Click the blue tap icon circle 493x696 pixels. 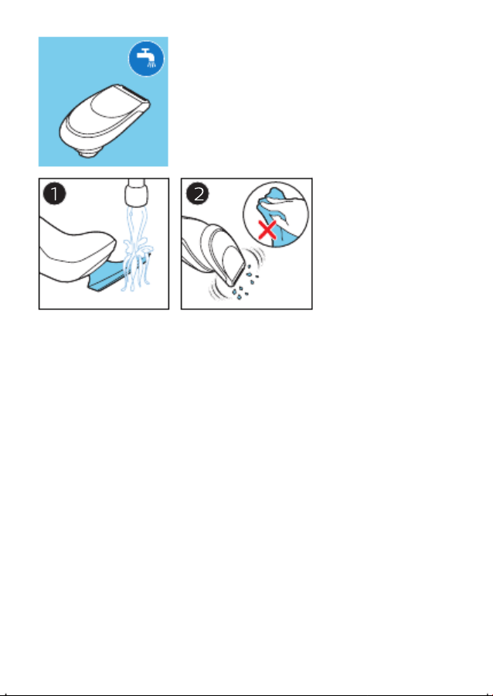[x=146, y=59]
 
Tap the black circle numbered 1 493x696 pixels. [x=55, y=194]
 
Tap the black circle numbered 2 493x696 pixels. [x=197, y=194]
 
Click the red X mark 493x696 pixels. [x=267, y=230]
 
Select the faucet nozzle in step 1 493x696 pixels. [x=137, y=193]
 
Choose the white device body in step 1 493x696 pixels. [x=76, y=248]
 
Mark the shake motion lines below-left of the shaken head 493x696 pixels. [x=218, y=289]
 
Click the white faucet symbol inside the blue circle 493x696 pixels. [x=146, y=58]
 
